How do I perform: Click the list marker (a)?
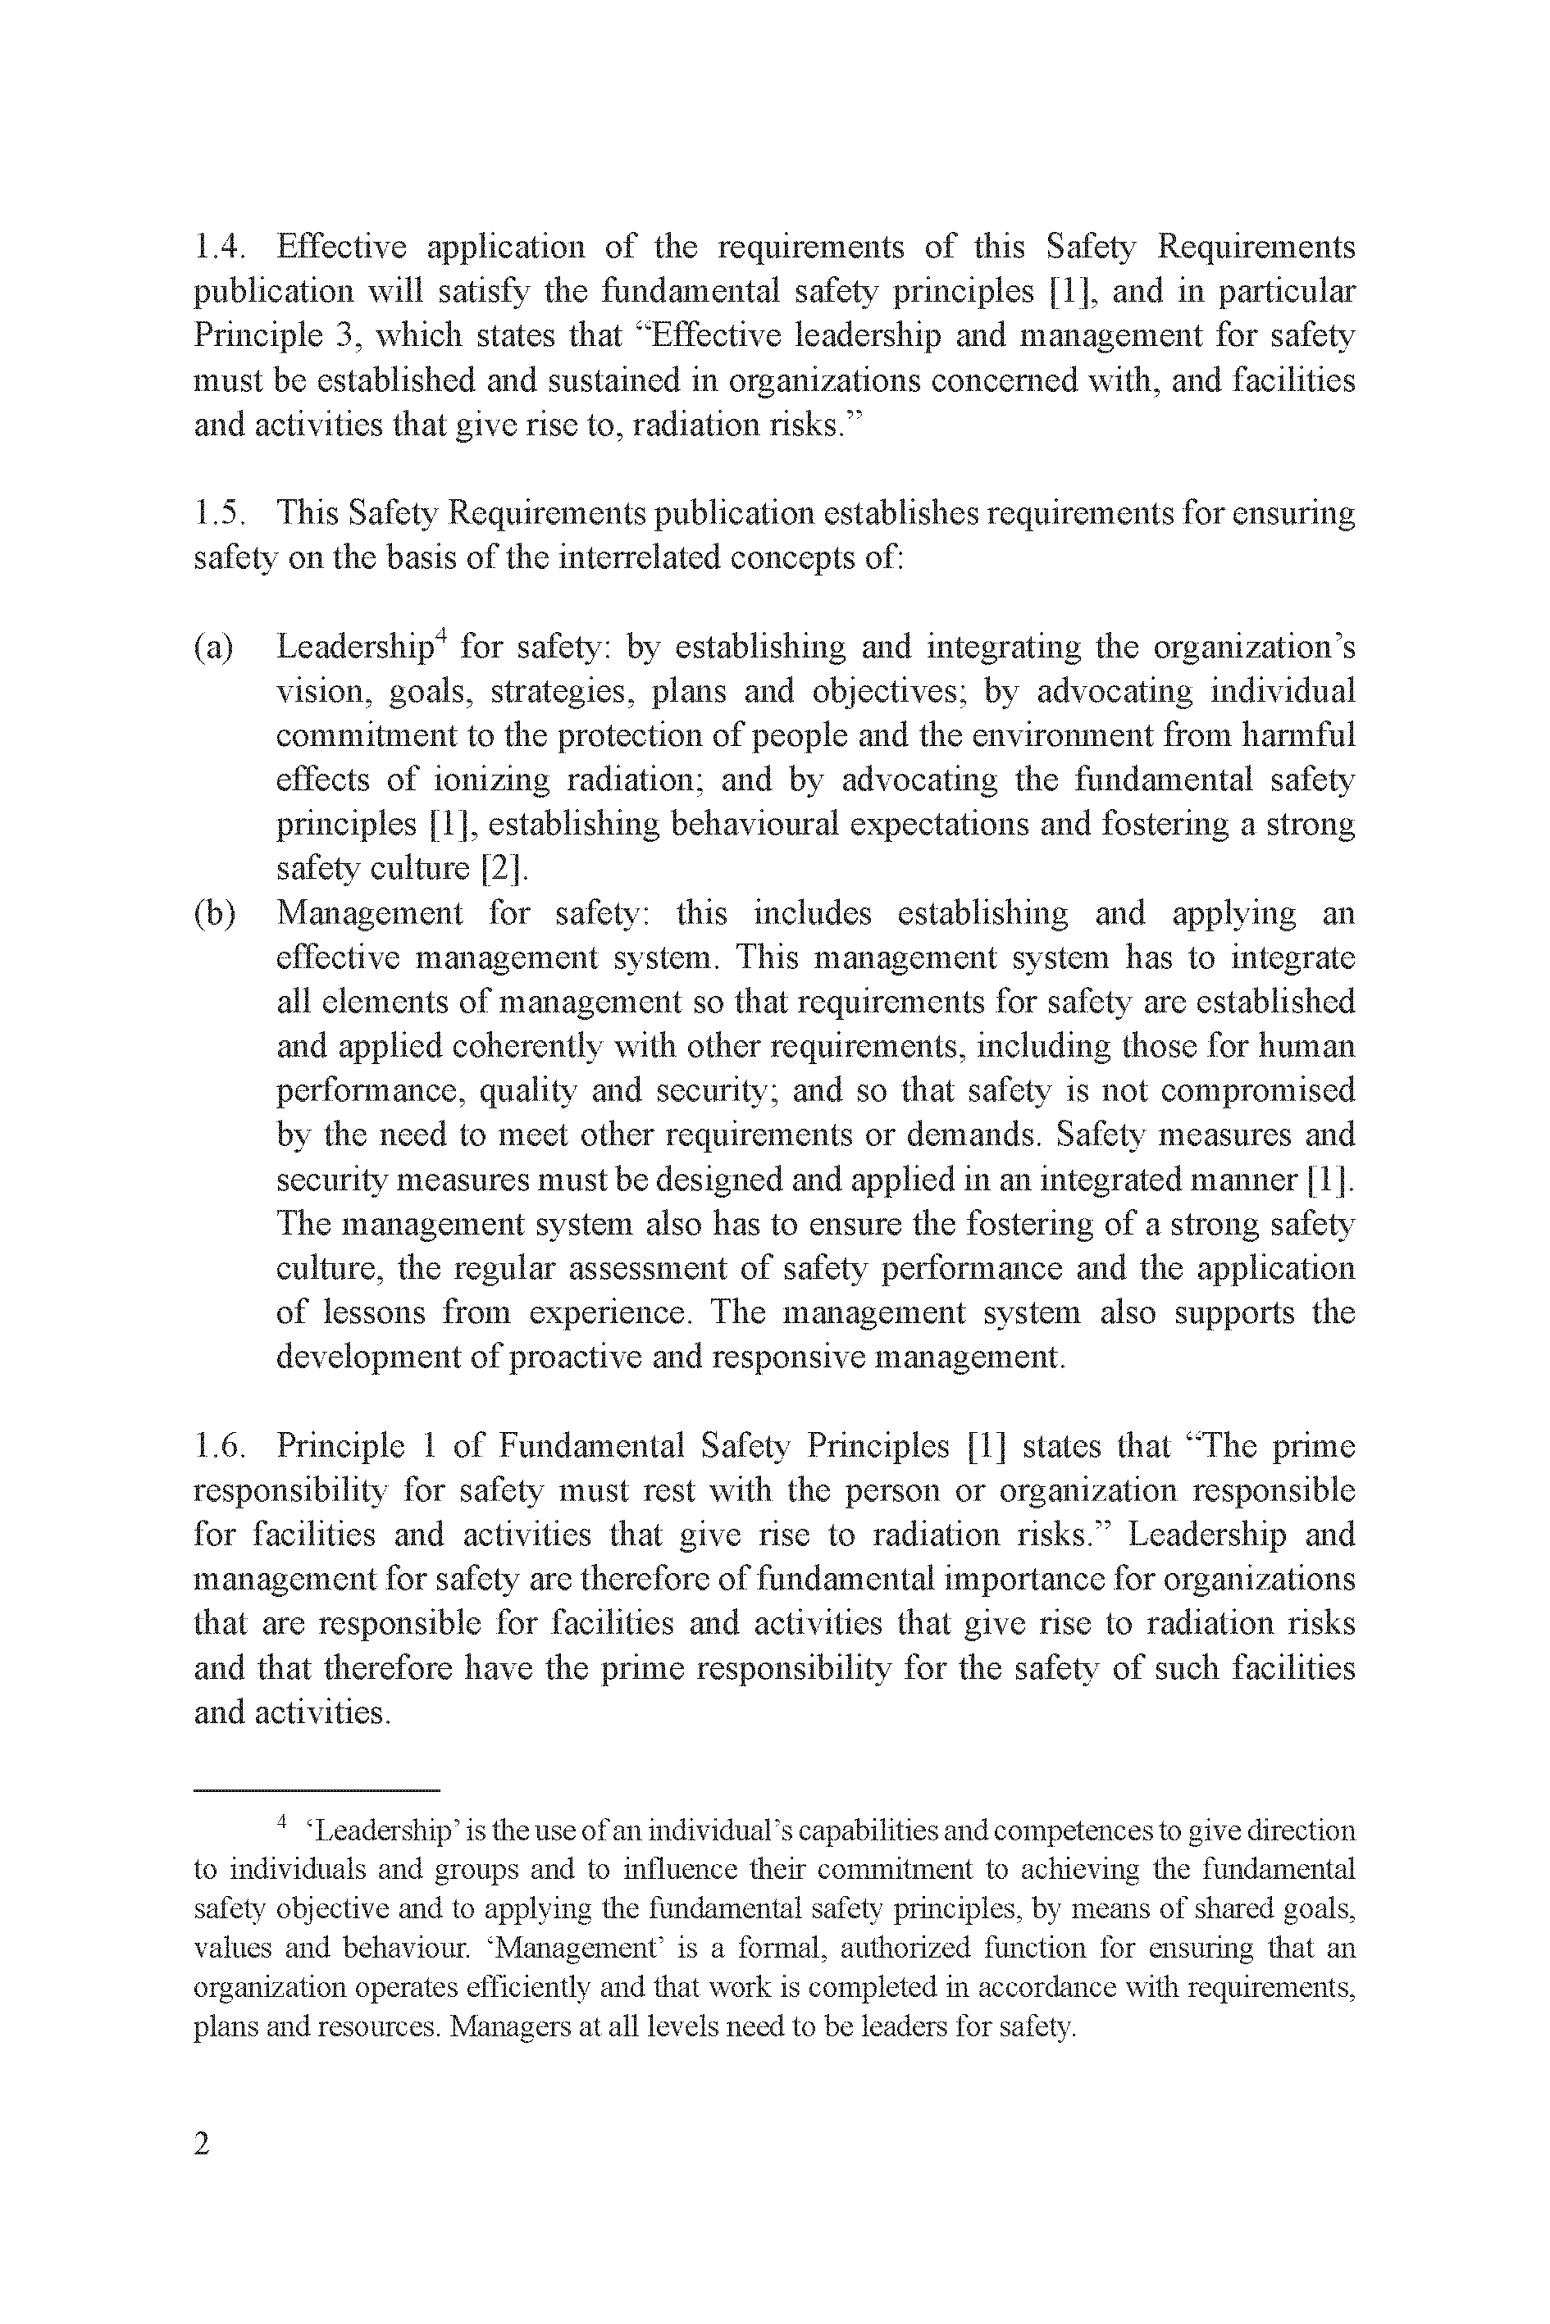213,648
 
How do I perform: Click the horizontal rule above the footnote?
317,1790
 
